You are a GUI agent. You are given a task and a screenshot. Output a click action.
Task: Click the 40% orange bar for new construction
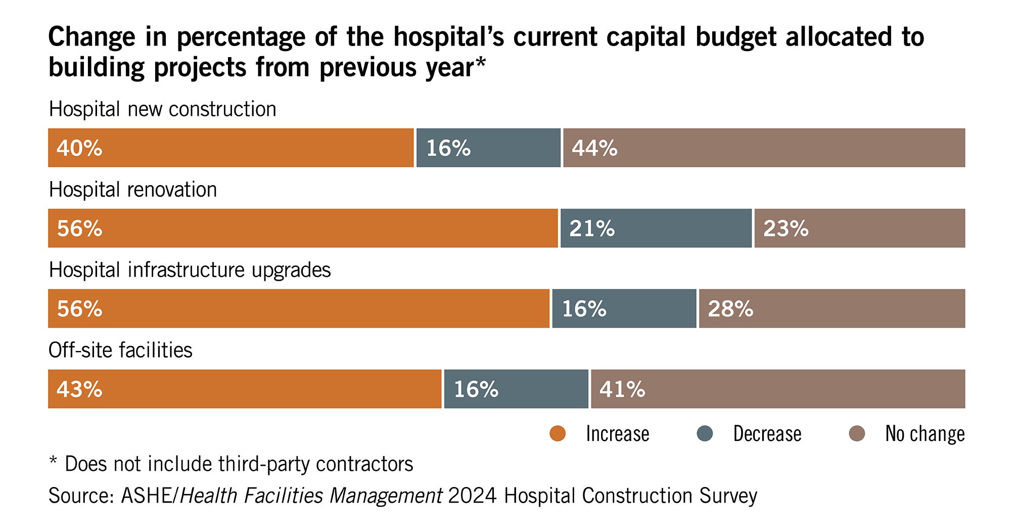point(231,148)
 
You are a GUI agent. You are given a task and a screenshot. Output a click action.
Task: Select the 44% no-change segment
point(764,148)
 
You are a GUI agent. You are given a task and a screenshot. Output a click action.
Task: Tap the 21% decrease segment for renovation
point(656,228)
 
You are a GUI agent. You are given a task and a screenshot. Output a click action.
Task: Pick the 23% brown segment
point(859,228)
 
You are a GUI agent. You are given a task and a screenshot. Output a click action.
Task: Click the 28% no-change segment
point(832,308)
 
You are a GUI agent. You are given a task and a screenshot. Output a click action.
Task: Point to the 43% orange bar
point(245,389)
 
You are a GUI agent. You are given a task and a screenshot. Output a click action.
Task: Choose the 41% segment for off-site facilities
point(777,389)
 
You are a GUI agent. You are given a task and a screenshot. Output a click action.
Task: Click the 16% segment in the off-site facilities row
point(516,389)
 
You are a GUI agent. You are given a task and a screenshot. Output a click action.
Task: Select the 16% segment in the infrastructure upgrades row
point(624,308)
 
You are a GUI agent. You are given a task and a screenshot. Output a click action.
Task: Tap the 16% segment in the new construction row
point(488,148)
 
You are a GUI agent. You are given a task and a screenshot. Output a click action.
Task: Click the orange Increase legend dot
point(558,434)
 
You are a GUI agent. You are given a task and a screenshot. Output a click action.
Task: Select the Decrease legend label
point(767,434)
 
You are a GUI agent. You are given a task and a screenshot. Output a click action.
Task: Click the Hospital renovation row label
point(133,190)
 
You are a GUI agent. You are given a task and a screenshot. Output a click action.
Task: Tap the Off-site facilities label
point(120,350)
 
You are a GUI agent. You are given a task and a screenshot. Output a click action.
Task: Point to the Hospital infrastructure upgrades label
point(190,270)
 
